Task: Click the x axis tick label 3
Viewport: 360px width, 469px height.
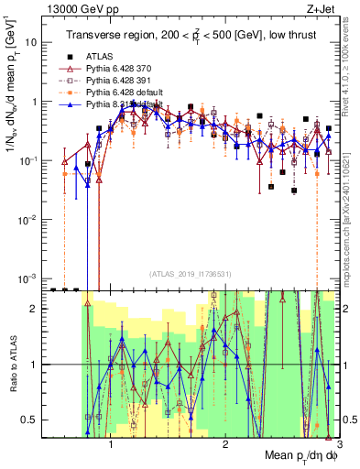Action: click(338, 442)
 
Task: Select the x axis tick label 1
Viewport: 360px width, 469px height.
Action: click(111, 442)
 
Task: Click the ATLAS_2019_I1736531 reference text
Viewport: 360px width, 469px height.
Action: click(190, 273)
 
